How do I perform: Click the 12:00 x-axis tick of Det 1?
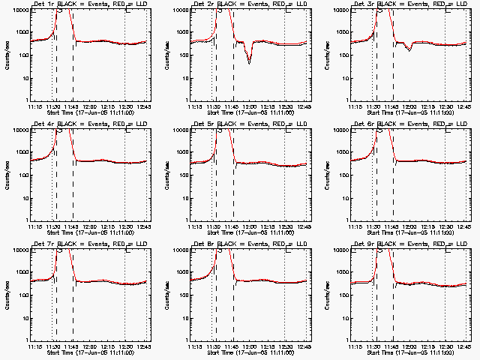click(x=89, y=106)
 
